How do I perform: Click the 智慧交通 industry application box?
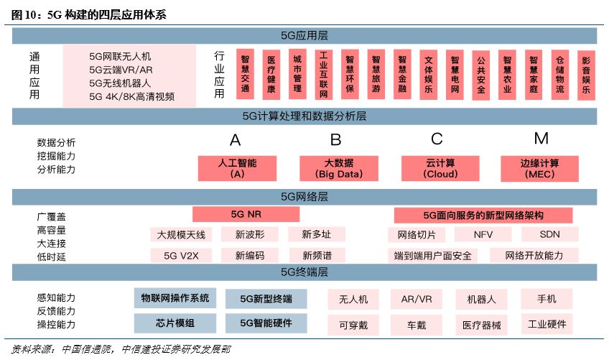(246, 74)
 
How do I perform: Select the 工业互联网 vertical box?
(323, 74)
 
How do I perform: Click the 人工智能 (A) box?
(238, 168)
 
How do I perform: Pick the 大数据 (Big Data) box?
(339, 168)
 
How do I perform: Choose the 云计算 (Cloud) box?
(440, 168)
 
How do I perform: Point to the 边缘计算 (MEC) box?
(540, 168)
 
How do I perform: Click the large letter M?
(541, 138)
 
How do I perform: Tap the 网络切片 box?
(417, 235)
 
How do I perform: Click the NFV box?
(483, 235)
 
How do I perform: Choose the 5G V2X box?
(181, 255)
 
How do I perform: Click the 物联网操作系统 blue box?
(175, 297)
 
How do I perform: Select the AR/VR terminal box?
(417, 299)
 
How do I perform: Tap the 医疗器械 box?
(482, 325)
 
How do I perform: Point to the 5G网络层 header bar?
(304, 195)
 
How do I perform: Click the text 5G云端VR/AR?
(121, 69)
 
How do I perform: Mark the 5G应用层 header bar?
(304, 34)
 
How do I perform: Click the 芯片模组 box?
(175, 323)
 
